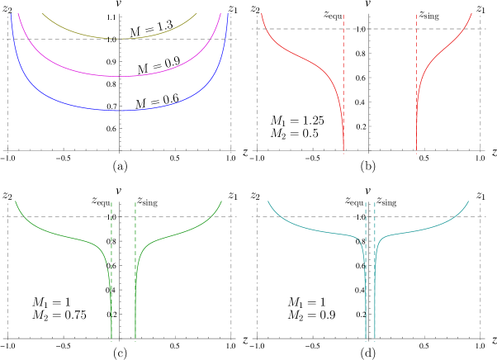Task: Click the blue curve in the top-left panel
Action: (50, 97)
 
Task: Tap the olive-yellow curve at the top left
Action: (83, 34)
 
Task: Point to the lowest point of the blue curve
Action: (120, 110)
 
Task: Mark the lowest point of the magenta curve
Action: (120, 77)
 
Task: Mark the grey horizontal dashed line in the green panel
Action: (66, 217)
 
